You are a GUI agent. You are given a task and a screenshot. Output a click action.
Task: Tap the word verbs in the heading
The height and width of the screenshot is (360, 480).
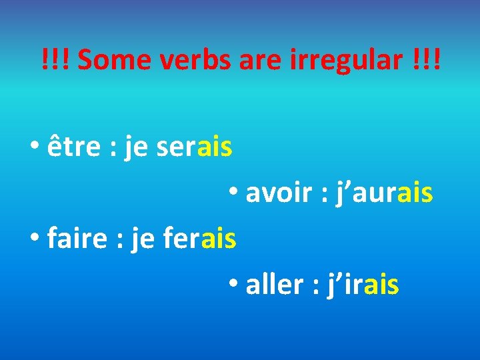pyautogui.click(x=186, y=61)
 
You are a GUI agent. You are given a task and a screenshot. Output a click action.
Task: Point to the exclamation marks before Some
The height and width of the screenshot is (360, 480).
pyautogui.click(x=57, y=61)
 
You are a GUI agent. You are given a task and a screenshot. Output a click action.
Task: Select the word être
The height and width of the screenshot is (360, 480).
pyautogui.click(x=74, y=147)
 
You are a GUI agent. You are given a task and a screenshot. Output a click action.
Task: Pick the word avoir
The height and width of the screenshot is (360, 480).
pyautogui.click(x=275, y=193)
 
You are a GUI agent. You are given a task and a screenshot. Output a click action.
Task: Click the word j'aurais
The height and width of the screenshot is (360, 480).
pyautogui.click(x=379, y=193)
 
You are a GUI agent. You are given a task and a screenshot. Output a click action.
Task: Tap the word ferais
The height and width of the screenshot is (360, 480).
pyautogui.click(x=199, y=239)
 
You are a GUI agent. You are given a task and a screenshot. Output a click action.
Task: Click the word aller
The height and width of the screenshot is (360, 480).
pyautogui.click(x=274, y=285)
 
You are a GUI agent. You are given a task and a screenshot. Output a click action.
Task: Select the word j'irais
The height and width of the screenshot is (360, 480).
pyautogui.click(x=362, y=285)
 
